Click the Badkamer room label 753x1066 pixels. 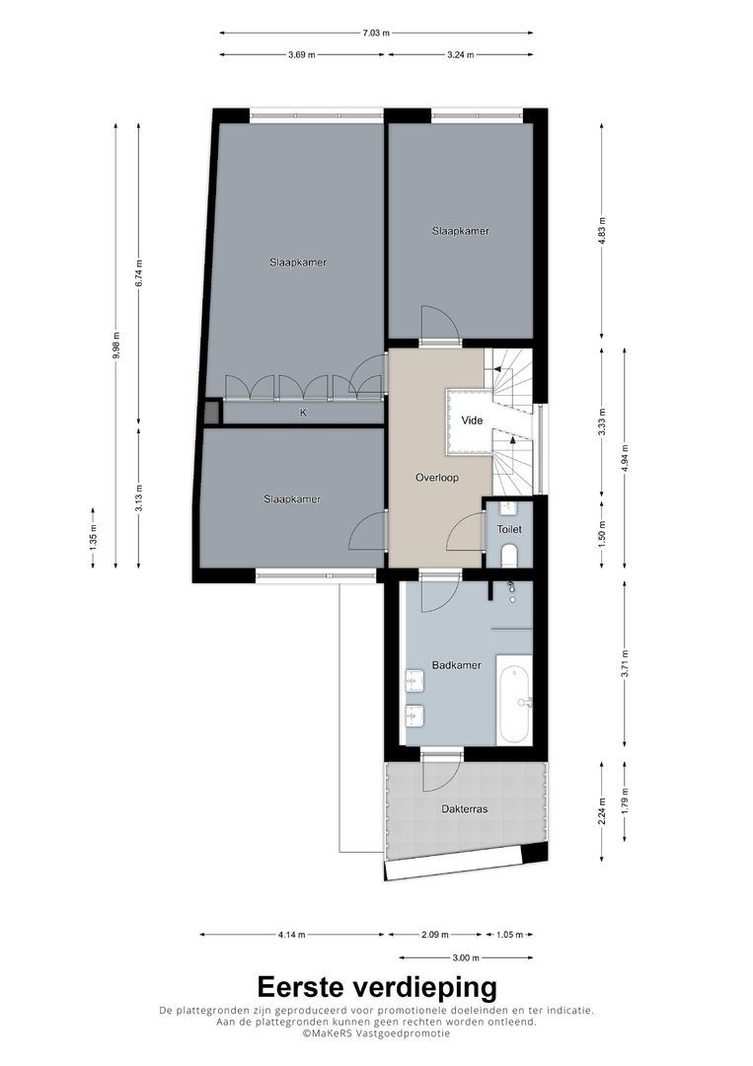(x=456, y=665)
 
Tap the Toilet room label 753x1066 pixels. (x=509, y=529)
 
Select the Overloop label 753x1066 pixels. (x=437, y=478)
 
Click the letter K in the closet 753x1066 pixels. (x=304, y=413)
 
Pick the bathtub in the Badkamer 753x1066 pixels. (x=514, y=703)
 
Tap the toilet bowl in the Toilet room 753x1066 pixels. (x=509, y=557)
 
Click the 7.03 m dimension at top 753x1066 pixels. (x=376, y=33)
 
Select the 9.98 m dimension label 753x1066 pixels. (x=115, y=345)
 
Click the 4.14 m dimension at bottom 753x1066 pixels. (x=291, y=934)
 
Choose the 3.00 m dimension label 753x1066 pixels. (x=466, y=957)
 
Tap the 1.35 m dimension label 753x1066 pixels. (x=93, y=538)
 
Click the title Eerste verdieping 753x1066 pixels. (x=376, y=987)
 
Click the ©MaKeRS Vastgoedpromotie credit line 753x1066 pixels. (x=376, y=1033)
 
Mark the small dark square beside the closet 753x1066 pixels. (x=211, y=413)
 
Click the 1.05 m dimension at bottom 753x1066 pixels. (x=509, y=934)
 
